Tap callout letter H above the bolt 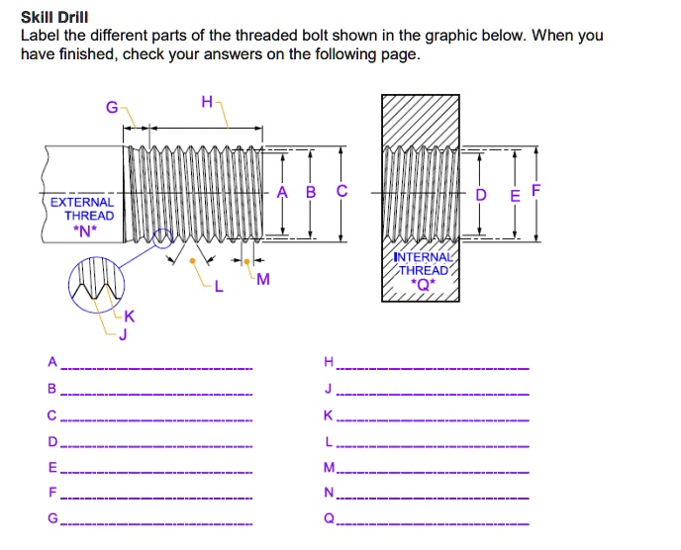point(206,101)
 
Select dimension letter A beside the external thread point(282,192)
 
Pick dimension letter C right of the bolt point(342,192)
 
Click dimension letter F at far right point(535,189)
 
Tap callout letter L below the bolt point(219,288)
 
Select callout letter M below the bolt point(261,280)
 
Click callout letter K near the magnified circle point(129,318)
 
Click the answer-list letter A point(52,360)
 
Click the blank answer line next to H point(436,368)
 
